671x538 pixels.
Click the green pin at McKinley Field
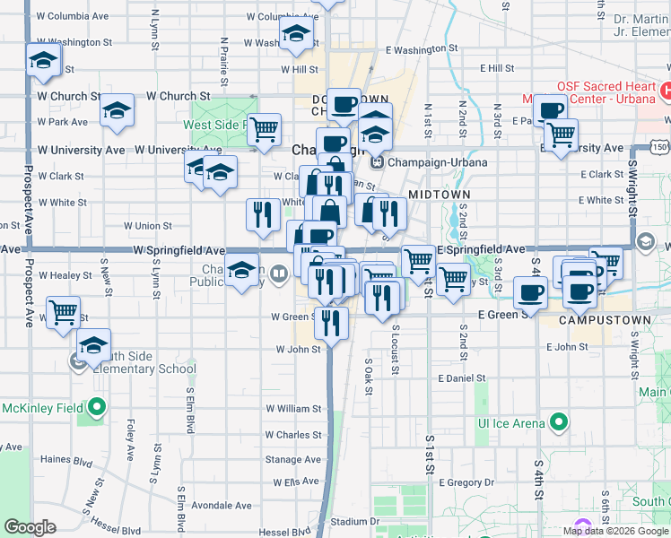pyautogui.click(x=97, y=409)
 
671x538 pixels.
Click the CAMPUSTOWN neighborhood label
pyautogui.click(x=597, y=319)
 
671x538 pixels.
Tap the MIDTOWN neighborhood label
pyautogui.click(x=440, y=194)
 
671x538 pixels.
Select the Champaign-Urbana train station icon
pyautogui.click(x=377, y=162)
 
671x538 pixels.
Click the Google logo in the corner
pyautogui.click(x=30, y=526)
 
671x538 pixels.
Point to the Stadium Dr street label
pyautogui.click(x=349, y=521)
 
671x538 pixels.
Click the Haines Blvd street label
pyautogui.click(x=66, y=461)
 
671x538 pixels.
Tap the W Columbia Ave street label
pyautogui.click(x=74, y=16)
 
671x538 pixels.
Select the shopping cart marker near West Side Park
pyautogui.click(x=264, y=130)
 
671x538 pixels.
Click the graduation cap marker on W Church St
pyautogui.click(x=117, y=110)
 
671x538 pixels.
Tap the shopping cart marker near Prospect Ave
pyautogui.click(x=63, y=313)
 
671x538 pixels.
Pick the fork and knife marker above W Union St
pyautogui.click(x=263, y=214)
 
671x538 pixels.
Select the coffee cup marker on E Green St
pyautogui.click(x=532, y=292)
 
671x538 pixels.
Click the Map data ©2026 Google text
pyautogui.click(x=615, y=530)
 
